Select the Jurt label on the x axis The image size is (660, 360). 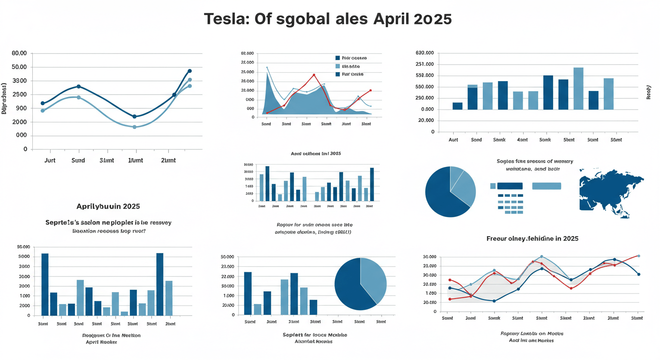click(50, 160)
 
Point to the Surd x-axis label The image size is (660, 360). click(78, 160)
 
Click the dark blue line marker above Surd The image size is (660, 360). click(78, 87)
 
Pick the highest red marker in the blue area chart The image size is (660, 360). click(314, 75)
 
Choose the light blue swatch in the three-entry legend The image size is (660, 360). click(337, 66)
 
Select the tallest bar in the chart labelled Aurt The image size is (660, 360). click(578, 89)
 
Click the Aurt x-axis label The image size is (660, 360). click(453, 140)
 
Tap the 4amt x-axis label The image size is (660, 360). click(523, 140)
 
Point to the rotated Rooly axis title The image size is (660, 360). click(649, 91)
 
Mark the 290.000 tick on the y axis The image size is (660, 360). click(424, 98)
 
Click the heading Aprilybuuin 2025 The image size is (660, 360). click(108, 206)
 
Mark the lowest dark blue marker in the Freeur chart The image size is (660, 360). click(494, 301)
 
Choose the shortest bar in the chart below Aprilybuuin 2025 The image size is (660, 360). click(124, 313)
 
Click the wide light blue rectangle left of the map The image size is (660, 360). click(547, 186)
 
